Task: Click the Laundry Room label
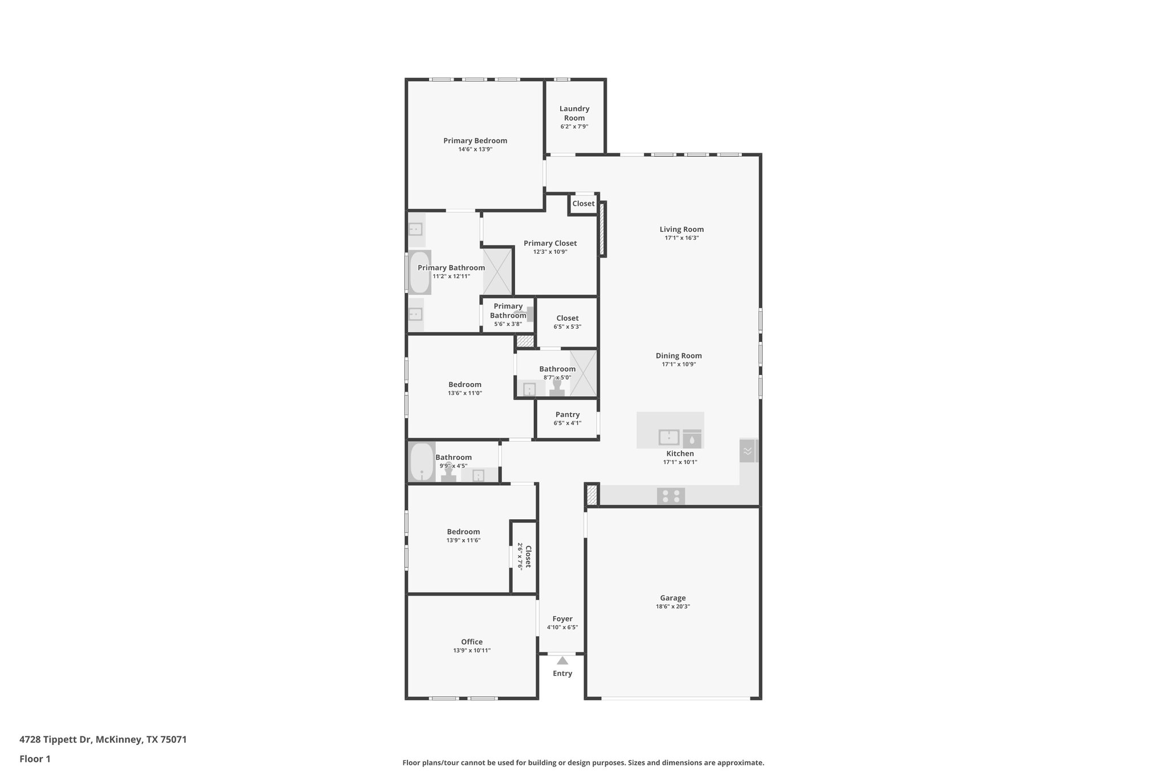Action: pyautogui.click(x=574, y=113)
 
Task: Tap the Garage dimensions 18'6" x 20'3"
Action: pyautogui.click(x=672, y=606)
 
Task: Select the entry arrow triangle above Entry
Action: pyautogui.click(x=562, y=661)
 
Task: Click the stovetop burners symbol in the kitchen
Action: pyautogui.click(x=671, y=496)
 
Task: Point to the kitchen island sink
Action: pyautogui.click(x=668, y=437)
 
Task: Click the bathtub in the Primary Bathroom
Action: pyautogui.click(x=419, y=272)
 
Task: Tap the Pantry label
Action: pyautogui.click(x=567, y=414)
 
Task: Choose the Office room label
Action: pyautogui.click(x=471, y=641)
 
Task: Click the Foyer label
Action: pyautogui.click(x=562, y=618)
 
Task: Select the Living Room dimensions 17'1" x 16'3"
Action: pyautogui.click(x=682, y=238)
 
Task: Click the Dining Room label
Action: pyautogui.click(x=678, y=355)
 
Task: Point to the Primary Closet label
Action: pyautogui.click(x=550, y=243)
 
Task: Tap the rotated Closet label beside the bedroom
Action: pyautogui.click(x=528, y=556)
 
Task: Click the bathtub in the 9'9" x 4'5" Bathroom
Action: pyautogui.click(x=422, y=461)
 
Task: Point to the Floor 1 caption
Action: pyautogui.click(x=35, y=759)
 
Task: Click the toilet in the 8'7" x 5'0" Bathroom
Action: pyautogui.click(x=557, y=388)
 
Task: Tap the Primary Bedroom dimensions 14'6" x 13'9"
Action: pyautogui.click(x=475, y=149)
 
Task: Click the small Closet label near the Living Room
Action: pyautogui.click(x=583, y=203)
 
